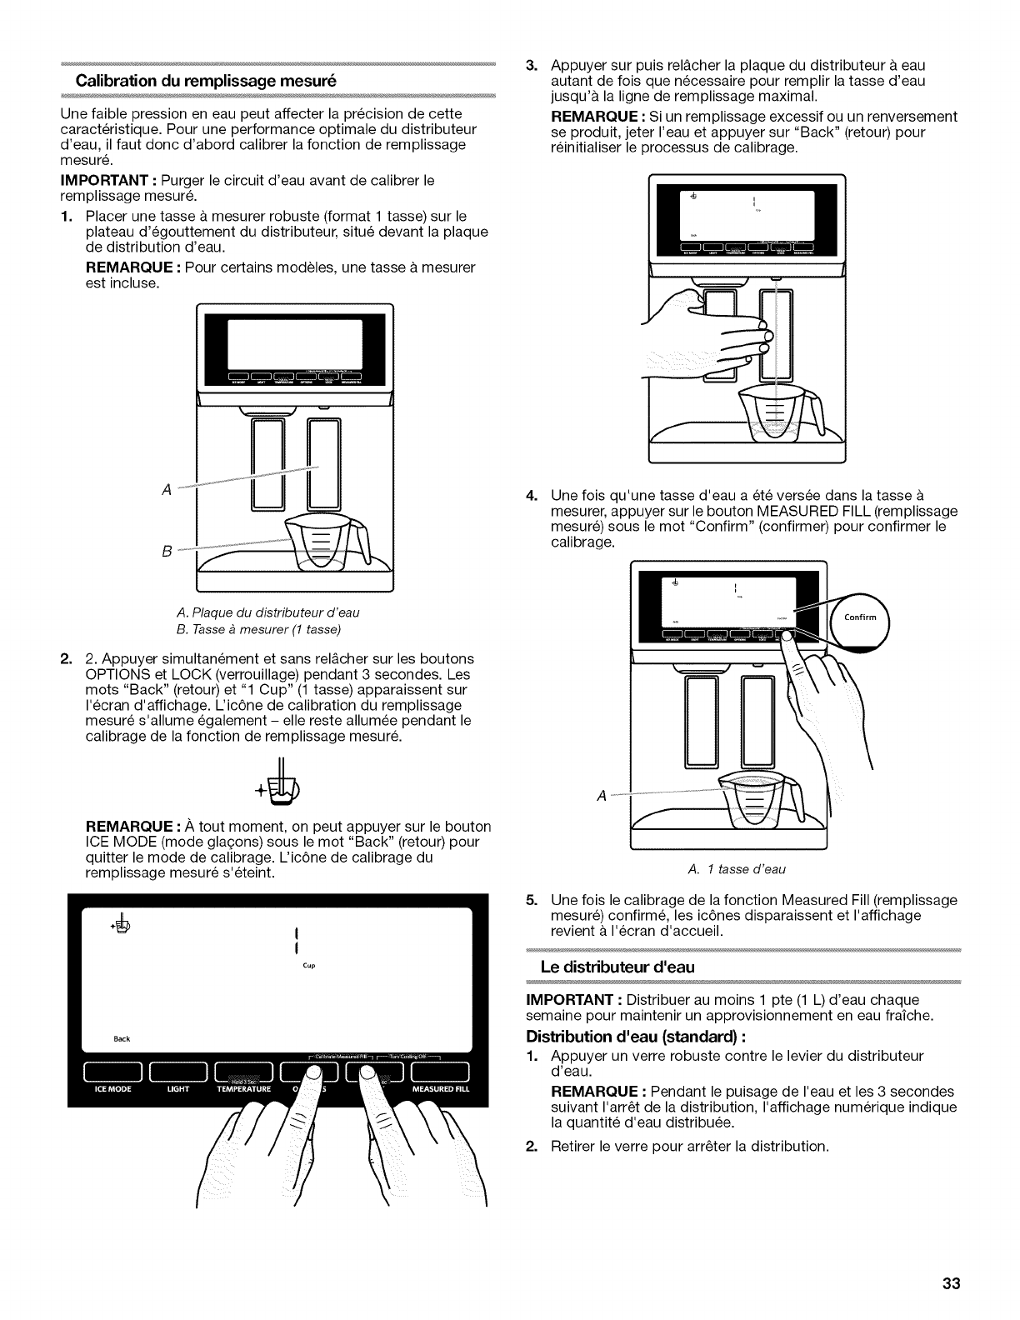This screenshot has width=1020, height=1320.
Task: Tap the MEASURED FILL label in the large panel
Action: (x=441, y=1088)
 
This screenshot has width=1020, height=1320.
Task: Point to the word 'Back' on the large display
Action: (x=122, y=1038)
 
